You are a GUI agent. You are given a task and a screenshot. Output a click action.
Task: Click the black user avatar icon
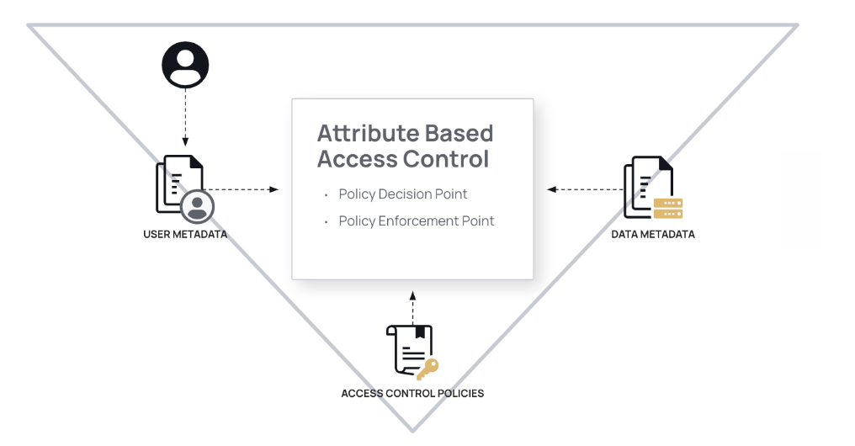click(185, 65)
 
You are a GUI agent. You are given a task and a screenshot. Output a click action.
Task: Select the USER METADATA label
click(185, 234)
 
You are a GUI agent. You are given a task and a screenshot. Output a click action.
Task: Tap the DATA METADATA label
click(653, 234)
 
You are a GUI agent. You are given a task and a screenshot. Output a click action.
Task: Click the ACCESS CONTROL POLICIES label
click(412, 393)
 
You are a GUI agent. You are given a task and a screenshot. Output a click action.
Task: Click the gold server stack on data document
click(668, 208)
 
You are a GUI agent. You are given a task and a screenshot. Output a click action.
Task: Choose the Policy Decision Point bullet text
click(403, 194)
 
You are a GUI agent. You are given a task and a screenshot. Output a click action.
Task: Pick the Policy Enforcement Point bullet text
click(417, 221)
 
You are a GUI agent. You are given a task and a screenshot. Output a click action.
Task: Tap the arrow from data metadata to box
click(585, 189)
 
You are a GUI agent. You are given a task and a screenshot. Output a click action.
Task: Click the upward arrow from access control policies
click(412, 306)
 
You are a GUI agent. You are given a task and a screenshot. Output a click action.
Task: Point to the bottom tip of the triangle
click(412, 430)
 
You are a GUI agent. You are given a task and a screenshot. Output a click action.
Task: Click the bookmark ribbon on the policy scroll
click(420, 332)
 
